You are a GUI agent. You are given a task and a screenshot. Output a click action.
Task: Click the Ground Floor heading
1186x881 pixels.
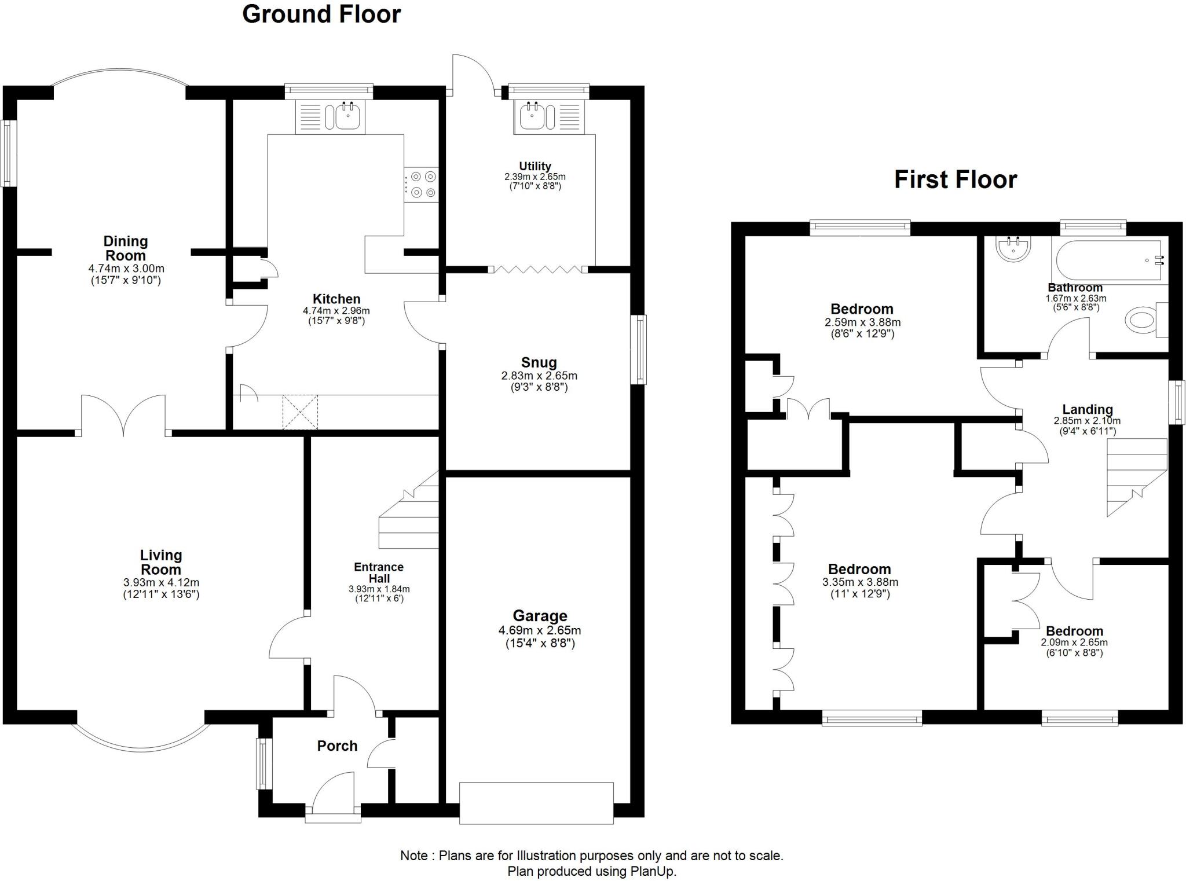321,14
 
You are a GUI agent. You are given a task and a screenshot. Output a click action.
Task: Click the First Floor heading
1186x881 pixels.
956,179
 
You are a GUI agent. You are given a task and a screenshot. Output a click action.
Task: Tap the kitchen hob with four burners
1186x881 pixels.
421,185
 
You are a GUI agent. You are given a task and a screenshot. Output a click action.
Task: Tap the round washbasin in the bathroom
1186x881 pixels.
1013,250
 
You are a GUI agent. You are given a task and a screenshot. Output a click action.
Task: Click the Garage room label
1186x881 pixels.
540,616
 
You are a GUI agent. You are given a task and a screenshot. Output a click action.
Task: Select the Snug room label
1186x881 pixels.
539,362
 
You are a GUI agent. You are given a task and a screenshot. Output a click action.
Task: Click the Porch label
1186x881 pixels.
337,746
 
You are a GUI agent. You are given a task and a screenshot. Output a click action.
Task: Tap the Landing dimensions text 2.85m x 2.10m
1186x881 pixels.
1087,421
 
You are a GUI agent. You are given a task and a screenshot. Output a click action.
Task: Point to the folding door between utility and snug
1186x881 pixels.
538,269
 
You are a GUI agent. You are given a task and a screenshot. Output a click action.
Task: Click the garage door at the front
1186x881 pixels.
536,803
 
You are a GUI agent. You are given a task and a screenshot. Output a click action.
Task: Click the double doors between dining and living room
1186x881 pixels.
123,416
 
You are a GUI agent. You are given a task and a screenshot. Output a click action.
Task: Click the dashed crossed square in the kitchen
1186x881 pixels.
300,412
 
